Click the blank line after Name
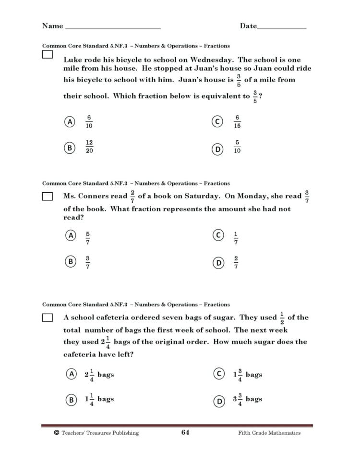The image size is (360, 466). click(x=112, y=27)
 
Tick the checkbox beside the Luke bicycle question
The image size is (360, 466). click(x=47, y=55)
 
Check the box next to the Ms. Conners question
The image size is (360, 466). click(x=47, y=196)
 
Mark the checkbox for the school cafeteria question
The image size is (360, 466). click(x=47, y=318)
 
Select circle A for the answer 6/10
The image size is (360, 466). click(x=70, y=122)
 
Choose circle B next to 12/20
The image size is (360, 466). click(x=70, y=148)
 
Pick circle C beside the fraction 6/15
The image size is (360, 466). click(x=218, y=122)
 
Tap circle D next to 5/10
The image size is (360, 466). click(x=218, y=149)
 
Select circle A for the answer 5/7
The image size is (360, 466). click(x=71, y=235)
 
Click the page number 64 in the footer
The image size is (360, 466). click(x=185, y=432)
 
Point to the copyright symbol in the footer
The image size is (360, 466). click(x=57, y=432)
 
